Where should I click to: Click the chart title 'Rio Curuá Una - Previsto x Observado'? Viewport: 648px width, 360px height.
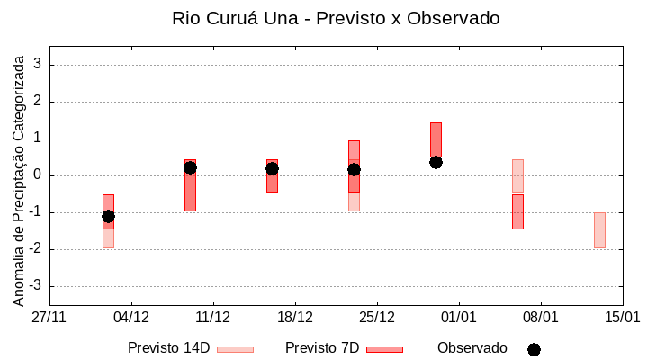pos(335,18)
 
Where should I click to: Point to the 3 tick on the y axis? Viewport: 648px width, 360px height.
pos(39,65)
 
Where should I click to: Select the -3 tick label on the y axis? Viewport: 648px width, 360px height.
pos(36,286)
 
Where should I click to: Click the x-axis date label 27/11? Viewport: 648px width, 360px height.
pos(49,318)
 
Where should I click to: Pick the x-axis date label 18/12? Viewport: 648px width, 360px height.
pos(295,318)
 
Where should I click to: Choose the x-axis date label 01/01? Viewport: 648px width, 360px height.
pos(459,318)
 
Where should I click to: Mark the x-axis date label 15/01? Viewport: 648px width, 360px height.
pos(622,318)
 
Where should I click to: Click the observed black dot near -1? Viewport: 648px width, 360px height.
pos(108,216)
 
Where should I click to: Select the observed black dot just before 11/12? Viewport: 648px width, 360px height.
pos(190,167)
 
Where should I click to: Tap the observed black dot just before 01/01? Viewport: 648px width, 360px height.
pos(436,162)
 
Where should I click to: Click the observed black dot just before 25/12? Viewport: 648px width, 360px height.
pos(354,169)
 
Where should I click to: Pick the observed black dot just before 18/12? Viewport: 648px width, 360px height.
pos(272,168)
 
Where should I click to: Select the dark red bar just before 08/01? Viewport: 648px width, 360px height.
pos(517,211)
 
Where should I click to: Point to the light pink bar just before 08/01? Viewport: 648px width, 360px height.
pos(517,175)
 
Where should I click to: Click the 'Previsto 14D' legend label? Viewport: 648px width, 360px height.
pos(169,348)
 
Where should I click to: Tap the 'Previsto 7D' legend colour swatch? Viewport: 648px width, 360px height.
pos(384,349)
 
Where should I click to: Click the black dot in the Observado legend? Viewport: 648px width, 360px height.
pos(534,349)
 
